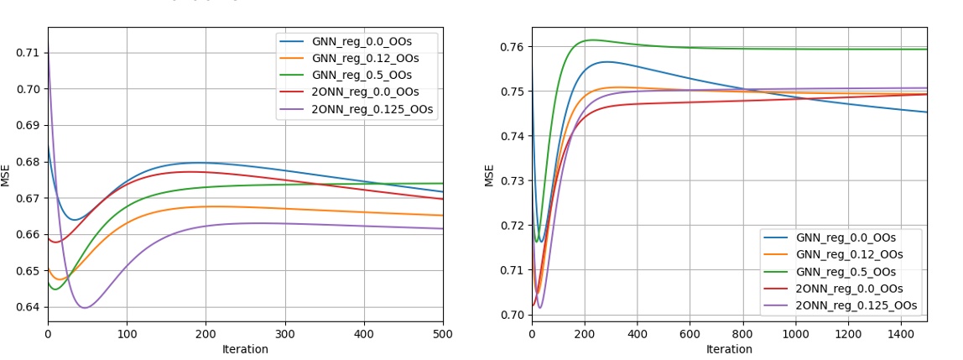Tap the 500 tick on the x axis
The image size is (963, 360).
coord(442,334)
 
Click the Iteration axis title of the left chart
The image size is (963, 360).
coord(245,349)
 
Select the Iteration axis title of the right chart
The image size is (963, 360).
coord(729,349)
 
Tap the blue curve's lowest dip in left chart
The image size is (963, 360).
coord(74,220)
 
